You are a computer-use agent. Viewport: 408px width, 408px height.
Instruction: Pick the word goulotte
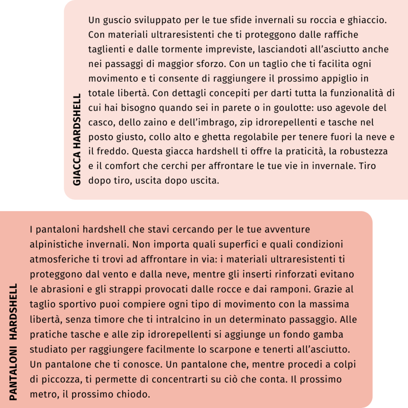pyautogui.click(x=294, y=108)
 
